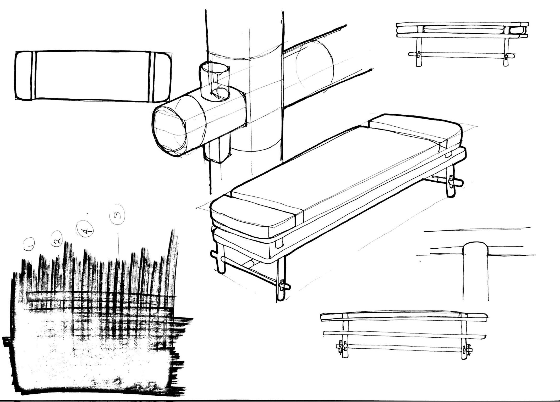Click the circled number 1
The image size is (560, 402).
pos(29,244)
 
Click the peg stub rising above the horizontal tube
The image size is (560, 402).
pos(214,81)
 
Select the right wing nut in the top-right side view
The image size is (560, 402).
pos(507,56)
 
